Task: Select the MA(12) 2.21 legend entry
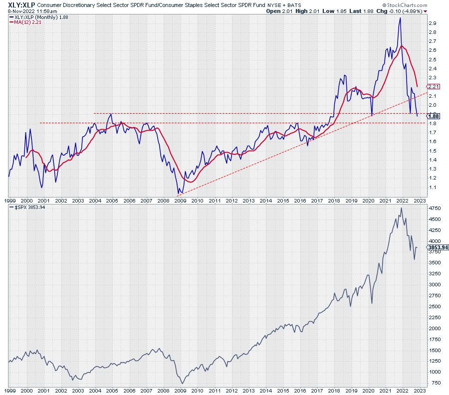[x=25, y=22]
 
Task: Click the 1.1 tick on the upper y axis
[x=432, y=187]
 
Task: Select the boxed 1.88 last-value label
[x=433, y=115]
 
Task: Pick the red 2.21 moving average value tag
[x=433, y=87]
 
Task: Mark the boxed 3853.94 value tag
[x=438, y=247]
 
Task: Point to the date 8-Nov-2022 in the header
[x=16, y=11]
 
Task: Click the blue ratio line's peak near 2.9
[x=400, y=18]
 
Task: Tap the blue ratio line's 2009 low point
[x=177, y=194]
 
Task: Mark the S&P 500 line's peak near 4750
[x=401, y=208]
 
